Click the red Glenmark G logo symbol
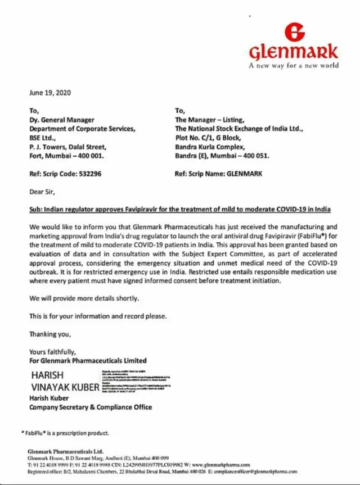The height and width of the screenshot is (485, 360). pyautogui.click(x=294, y=32)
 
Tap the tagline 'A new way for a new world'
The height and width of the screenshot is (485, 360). pyautogui.click(x=294, y=65)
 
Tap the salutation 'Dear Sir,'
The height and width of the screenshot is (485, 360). pyautogui.click(x=42, y=192)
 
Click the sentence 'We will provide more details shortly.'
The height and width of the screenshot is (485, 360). pyautogui.click(x=84, y=298)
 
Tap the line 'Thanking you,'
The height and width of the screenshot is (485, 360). pyautogui.click(x=50, y=334)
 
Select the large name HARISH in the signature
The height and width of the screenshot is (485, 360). pyautogui.click(x=47, y=375)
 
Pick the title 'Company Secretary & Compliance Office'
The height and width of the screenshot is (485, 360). pyautogui.click(x=91, y=407)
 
